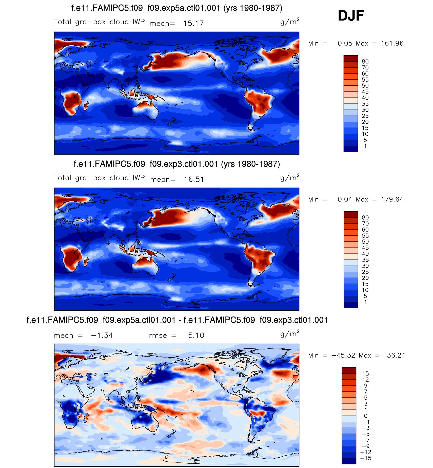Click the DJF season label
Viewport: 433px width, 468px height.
(351, 16)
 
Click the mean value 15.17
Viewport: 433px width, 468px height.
(193, 23)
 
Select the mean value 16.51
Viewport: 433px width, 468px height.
(194, 179)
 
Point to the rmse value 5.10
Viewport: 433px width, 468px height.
(196, 335)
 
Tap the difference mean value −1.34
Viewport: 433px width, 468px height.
(102, 335)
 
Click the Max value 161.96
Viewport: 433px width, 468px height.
(392, 43)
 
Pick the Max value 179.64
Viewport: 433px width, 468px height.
(392, 199)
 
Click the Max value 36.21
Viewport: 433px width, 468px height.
(396, 355)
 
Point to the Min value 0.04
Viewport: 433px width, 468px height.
(345, 199)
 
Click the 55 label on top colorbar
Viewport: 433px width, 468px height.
(365, 80)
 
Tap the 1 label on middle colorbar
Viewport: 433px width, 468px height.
(365, 302)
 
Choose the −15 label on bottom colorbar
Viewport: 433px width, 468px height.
(365, 458)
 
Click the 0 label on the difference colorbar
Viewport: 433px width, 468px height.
(365, 416)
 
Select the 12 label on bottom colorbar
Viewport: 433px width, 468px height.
(365, 380)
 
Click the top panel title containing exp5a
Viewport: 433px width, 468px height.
(177, 8)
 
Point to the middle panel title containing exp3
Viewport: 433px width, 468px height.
(177, 164)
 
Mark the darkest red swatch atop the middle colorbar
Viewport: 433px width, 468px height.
(351, 214)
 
